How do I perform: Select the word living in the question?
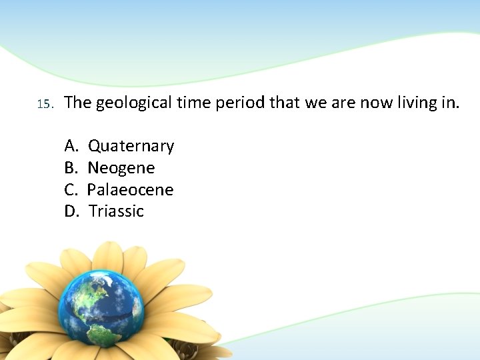click(417, 103)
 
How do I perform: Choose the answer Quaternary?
click(131, 146)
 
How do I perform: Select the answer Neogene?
click(121, 168)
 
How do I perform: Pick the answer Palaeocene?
click(130, 190)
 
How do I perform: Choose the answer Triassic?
click(116, 211)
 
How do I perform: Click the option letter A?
click(71, 146)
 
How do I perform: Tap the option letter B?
click(71, 168)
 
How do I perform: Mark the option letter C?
click(71, 190)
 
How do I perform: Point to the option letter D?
click(71, 211)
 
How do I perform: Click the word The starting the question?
click(78, 103)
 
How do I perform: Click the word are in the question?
click(344, 103)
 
